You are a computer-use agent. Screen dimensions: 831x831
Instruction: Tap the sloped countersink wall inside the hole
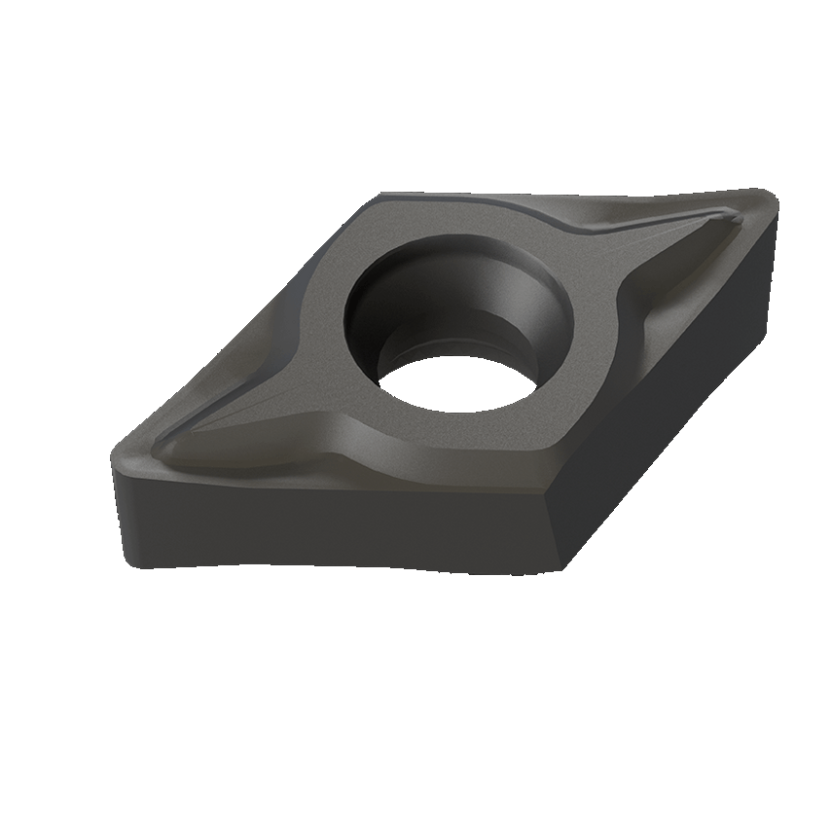pyautogui.click(x=384, y=292)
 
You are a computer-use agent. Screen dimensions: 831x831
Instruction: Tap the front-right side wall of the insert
pyautogui.click(x=671, y=389)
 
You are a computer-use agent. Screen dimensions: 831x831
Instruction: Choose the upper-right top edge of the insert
pyautogui.click(x=584, y=199)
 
